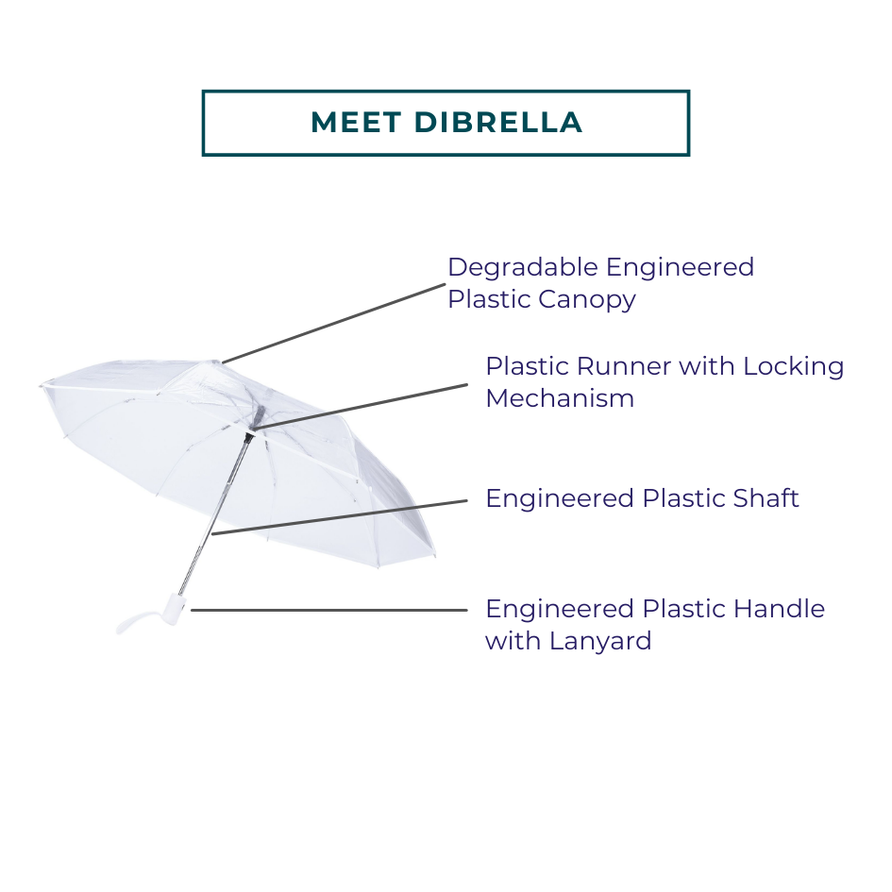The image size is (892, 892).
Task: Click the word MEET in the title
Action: pos(355,123)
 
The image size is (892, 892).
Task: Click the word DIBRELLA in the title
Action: pos(497,123)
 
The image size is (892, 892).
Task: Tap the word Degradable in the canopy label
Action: pos(522,268)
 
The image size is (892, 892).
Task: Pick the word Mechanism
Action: pos(559,398)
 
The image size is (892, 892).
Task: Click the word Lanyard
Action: pos(603,641)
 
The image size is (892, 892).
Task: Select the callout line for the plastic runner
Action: pos(363,407)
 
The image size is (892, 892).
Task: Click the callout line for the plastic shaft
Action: pos(340,516)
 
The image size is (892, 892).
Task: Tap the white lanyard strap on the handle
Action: pos(132,621)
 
